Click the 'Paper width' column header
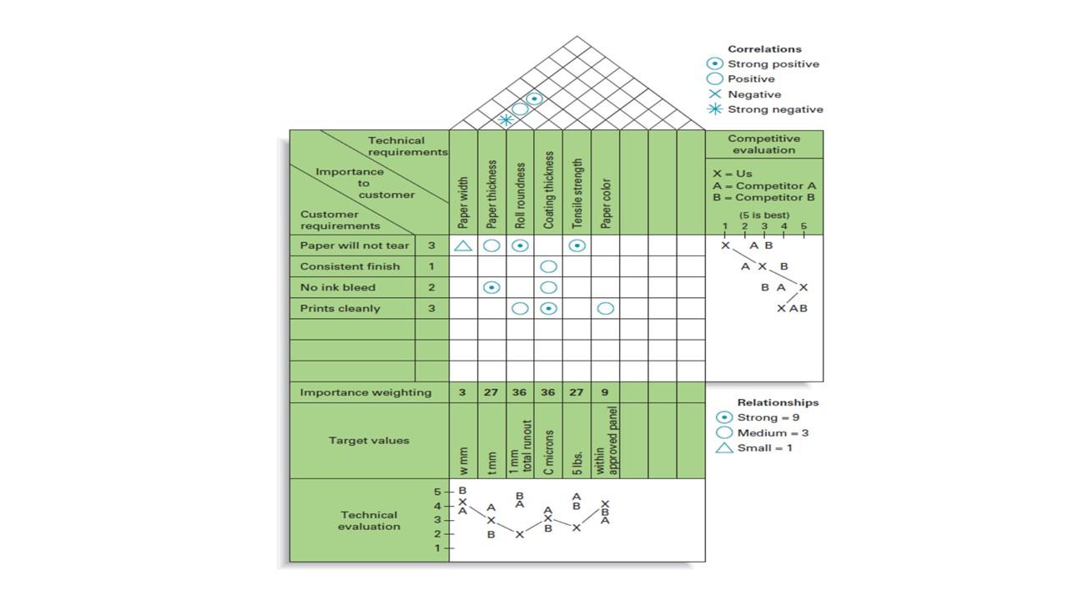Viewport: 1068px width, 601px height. click(x=463, y=202)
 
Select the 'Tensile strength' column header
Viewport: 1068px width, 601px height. click(x=577, y=193)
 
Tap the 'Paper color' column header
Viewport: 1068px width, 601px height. click(x=606, y=203)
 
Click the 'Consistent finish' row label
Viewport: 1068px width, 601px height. click(x=350, y=266)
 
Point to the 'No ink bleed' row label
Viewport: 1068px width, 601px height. click(x=338, y=287)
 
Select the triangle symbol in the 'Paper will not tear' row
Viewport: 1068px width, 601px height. click(x=463, y=245)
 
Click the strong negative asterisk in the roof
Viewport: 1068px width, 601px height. click(x=505, y=120)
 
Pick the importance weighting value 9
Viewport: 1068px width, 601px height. click(x=605, y=392)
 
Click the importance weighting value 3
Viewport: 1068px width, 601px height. click(x=463, y=392)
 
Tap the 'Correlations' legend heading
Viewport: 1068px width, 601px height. click(x=764, y=49)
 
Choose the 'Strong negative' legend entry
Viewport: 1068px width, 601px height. click(x=775, y=109)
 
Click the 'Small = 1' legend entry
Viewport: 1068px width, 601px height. click(x=764, y=448)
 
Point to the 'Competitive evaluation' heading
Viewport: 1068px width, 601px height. click(x=763, y=144)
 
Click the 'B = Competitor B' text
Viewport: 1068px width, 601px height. click(x=763, y=198)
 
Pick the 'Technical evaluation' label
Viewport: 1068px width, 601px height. click(x=369, y=521)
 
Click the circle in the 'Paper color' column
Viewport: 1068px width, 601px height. click(x=606, y=308)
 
